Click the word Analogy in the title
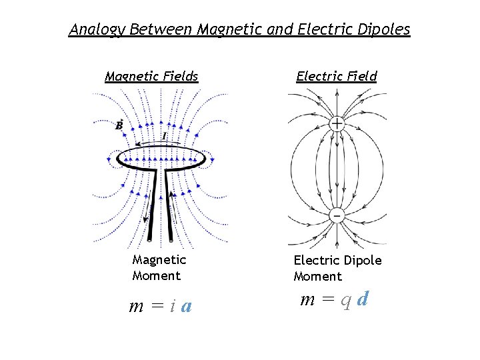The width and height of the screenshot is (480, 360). point(97,29)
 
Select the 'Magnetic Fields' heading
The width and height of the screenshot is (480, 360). point(151,76)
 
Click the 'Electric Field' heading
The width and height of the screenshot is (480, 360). point(337,76)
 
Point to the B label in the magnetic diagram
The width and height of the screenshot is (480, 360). point(119,125)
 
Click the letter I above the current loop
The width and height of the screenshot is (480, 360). point(165,135)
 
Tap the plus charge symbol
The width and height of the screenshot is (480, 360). point(337,123)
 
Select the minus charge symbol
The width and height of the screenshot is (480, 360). point(337,216)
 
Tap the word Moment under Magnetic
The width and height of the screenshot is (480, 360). point(156,275)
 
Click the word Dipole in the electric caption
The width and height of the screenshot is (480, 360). point(366,260)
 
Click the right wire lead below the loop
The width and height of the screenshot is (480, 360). point(171,207)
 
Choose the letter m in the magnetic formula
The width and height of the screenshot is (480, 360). point(137,307)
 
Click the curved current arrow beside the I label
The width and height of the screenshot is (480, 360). point(148,142)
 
